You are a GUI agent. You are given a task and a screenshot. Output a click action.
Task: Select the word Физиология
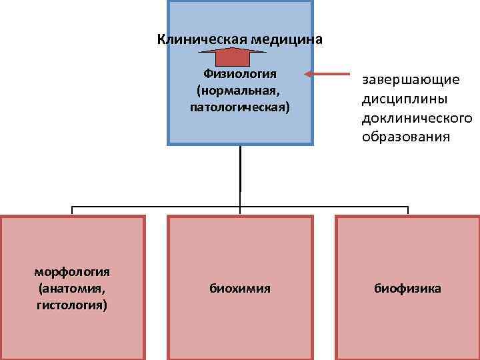tap(240, 73)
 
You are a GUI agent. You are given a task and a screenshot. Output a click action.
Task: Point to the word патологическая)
tap(240, 106)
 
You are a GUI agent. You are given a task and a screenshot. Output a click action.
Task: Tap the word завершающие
tap(411, 80)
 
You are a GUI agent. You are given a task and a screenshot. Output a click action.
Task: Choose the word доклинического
tap(417, 118)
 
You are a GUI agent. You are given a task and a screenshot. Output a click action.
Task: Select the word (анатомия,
tap(72, 289)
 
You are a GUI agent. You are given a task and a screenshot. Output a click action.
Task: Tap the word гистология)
tap(72, 305)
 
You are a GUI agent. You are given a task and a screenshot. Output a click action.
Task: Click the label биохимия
tap(240, 289)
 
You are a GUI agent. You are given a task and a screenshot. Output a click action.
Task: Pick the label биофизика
tap(407, 289)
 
